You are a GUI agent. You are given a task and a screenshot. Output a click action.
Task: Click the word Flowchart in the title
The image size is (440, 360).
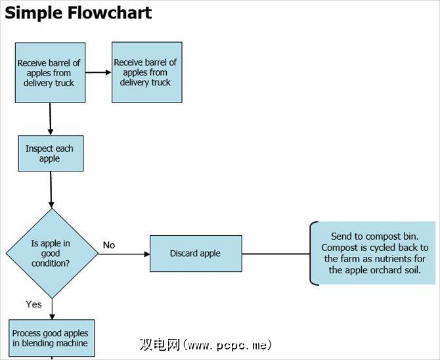[110, 12]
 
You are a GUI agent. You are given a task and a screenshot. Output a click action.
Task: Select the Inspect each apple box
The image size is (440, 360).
[50, 154]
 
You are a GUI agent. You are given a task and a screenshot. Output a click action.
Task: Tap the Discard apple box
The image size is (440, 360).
[196, 254]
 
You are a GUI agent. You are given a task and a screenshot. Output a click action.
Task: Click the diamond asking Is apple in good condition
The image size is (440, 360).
[51, 254]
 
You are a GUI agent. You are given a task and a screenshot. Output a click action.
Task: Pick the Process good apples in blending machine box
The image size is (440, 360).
[50, 338]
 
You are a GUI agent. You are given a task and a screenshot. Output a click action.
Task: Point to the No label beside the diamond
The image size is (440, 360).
[109, 245]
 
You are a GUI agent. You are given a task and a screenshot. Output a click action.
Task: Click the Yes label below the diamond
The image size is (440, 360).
[33, 304]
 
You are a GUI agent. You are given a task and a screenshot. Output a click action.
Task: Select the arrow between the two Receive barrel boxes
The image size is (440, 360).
[99, 72]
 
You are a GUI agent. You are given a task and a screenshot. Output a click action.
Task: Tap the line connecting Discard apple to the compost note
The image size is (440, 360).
[276, 254]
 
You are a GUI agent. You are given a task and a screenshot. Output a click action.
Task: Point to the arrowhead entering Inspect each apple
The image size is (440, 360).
[51, 131]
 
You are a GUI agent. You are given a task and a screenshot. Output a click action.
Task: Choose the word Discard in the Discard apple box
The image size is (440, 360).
[185, 254]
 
